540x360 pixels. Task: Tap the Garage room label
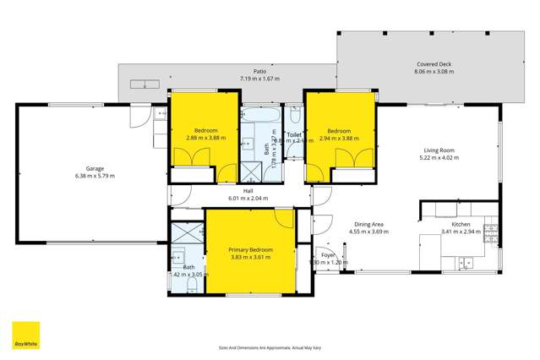click(x=95, y=168)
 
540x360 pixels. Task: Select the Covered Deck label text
click(x=434, y=64)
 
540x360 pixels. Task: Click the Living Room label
click(x=439, y=150)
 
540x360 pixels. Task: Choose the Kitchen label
click(x=461, y=224)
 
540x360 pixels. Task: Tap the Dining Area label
click(x=368, y=224)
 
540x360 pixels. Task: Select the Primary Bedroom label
click(x=249, y=249)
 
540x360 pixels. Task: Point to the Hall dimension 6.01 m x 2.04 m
click(x=248, y=199)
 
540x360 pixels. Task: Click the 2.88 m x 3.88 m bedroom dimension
click(x=202, y=139)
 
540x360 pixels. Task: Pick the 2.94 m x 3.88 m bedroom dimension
click(x=339, y=139)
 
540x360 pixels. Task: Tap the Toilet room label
click(x=294, y=134)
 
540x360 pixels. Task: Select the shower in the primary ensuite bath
click(x=183, y=233)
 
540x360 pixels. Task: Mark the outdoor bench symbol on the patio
click(x=142, y=83)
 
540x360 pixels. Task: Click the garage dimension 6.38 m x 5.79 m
click(x=95, y=176)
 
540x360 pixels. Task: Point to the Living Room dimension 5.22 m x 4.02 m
click(x=439, y=157)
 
